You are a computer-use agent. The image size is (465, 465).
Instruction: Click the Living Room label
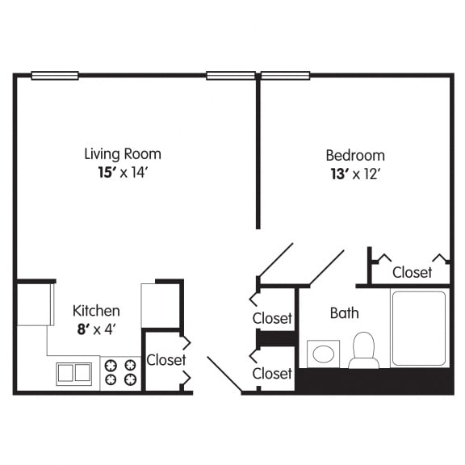pyautogui.click(x=123, y=153)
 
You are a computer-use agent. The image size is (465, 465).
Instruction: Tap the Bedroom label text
pyautogui.click(x=355, y=155)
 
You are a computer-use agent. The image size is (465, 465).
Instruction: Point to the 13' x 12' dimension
pyautogui.click(x=355, y=174)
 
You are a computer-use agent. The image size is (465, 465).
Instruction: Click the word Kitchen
pyautogui.click(x=96, y=311)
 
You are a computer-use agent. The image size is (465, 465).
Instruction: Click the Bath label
pyautogui.click(x=345, y=312)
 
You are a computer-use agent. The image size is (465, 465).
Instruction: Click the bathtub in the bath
pyautogui.click(x=418, y=328)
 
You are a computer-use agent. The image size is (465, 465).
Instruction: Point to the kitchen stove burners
pyautogui.click(x=120, y=372)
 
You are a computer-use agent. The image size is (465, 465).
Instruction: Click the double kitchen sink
pyautogui.click(x=73, y=373)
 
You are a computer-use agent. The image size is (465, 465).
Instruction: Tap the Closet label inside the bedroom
pyautogui.click(x=413, y=272)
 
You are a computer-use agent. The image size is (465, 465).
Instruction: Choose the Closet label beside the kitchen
pyautogui.click(x=166, y=360)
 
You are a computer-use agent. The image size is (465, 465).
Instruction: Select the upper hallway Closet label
pyautogui.click(x=272, y=318)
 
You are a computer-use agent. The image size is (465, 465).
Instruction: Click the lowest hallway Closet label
pyautogui.click(x=272, y=374)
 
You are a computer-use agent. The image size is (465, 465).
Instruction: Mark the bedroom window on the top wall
pyautogui.click(x=285, y=76)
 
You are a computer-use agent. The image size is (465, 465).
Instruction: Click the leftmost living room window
pyautogui.click(x=55, y=76)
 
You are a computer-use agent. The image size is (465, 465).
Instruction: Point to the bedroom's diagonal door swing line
pyautogui.click(x=327, y=267)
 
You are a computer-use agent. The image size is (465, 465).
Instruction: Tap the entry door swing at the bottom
pyautogui.click(x=224, y=375)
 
